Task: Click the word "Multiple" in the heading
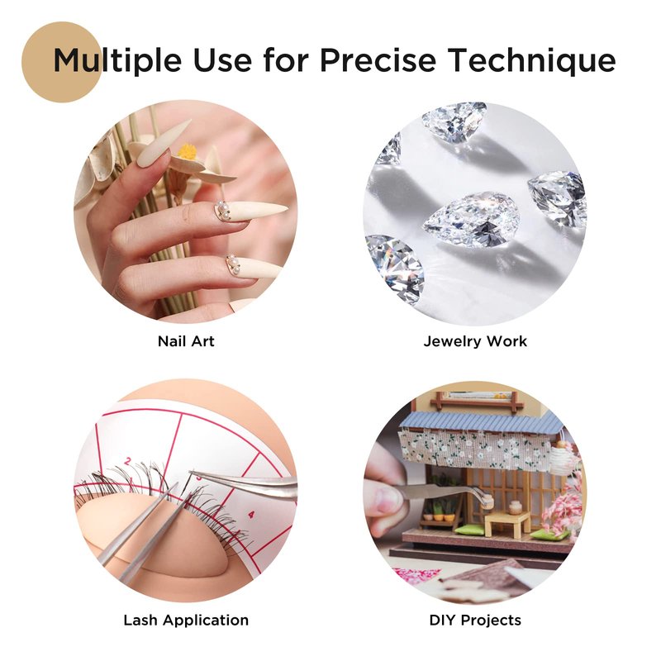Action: click(117, 59)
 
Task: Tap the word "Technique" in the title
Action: click(532, 59)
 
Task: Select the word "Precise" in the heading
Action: click(378, 59)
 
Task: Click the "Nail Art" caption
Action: click(186, 341)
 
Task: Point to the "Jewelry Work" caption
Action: click(475, 341)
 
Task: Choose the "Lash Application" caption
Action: click(186, 621)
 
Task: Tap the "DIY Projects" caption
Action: click(475, 621)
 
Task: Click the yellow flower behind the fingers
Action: click(188, 151)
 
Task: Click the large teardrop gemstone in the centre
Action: click(471, 220)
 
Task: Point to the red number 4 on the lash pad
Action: click(251, 515)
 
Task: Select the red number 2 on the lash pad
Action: click(129, 461)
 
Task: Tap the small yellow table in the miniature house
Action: click(508, 525)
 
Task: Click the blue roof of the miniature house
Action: click(481, 421)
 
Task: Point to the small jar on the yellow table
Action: click(515, 508)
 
